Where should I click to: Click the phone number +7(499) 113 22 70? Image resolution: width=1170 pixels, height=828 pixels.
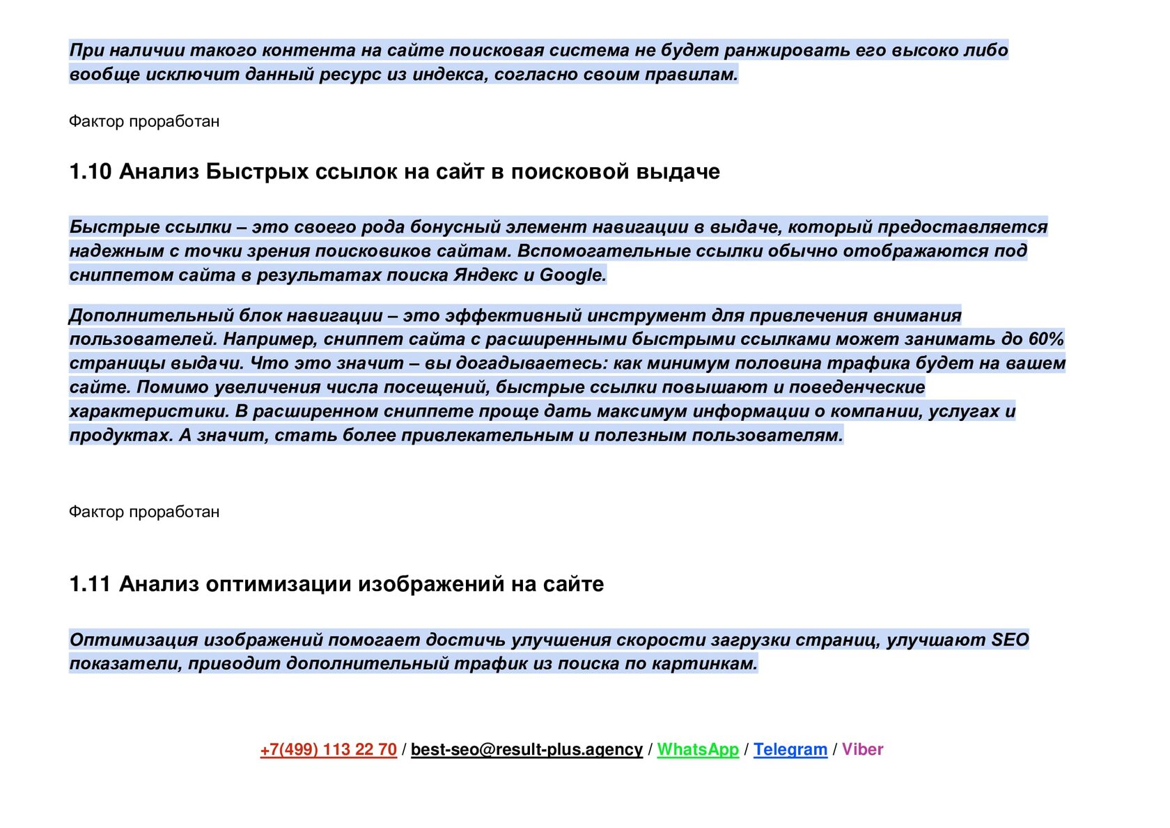328,749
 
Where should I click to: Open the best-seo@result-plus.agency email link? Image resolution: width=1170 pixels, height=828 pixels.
526,749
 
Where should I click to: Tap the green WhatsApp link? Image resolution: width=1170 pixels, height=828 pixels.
698,749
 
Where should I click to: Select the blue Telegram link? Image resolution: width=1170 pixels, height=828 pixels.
790,749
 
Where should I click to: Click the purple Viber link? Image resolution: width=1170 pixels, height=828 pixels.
862,749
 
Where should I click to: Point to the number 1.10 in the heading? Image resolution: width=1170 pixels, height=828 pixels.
90,171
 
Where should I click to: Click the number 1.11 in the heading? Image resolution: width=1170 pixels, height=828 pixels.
90,584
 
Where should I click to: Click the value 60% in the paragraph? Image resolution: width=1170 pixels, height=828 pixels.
1046,339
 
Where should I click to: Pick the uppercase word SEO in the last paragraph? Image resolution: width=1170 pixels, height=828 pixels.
1010,640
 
